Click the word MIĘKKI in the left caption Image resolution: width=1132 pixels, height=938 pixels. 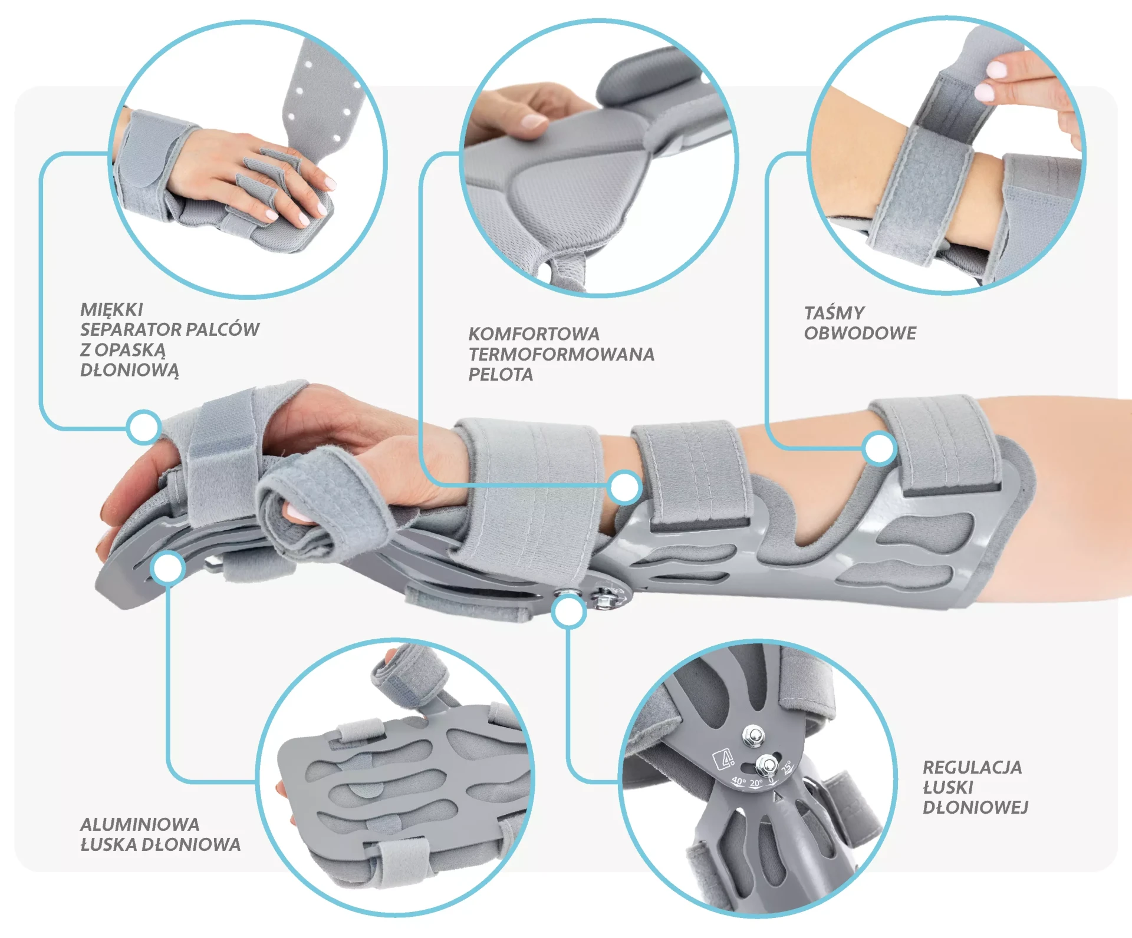pyautogui.click(x=111, y=310)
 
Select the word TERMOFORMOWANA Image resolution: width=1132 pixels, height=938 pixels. pyautogui.click(x=561, y=354)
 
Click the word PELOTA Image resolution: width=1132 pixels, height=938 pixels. pyautogui.click(x=501, y=374)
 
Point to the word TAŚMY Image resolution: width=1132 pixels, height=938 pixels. pyautogui.click(x=834, y=312)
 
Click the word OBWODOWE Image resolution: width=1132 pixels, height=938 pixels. pyautogui.click(x=860, y=333)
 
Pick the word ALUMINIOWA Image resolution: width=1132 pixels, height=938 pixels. pyautogui.click(x=140, y=824)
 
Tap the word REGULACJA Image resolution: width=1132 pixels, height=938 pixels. pyautogui.click(x=972, y=767)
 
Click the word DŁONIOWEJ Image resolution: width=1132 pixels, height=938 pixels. pyautogui.click(x=975, y=807)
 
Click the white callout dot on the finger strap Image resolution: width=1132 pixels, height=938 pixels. pyautogui.click(x=143, y=427)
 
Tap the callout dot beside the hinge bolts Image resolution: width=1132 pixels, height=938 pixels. pyautogui.click(x=568, y=611)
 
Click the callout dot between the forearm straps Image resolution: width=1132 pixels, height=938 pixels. pyautogui.click(x=625, y=487)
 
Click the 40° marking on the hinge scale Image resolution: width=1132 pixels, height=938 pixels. pyautogui.click(x=739, y=781)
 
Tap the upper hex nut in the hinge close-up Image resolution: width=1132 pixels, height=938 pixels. pyautogui.click(x=753, y=736)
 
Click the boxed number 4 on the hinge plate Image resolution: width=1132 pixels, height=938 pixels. pyautogui.click(x=723, y=759)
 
